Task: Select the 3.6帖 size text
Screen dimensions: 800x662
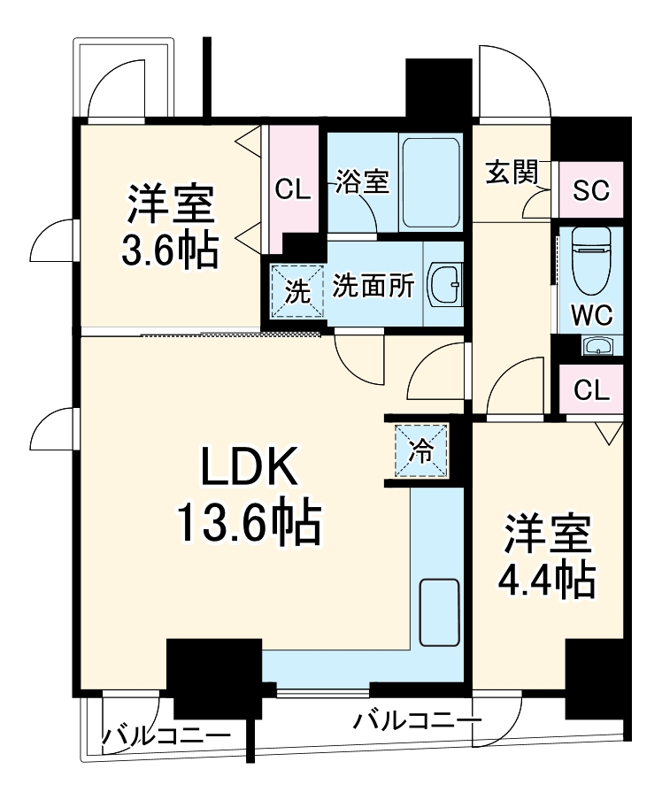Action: (x=170, y=252)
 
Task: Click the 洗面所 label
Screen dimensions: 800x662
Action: (x=373, y=287)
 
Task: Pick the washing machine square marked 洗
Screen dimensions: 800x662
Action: (x=296, y=290)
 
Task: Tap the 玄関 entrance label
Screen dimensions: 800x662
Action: (x=512, y=173)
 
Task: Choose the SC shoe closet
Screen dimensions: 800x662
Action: (x=590, y=190)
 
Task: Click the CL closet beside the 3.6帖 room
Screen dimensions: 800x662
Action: (x=292, y=188)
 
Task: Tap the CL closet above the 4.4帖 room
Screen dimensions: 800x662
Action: (x=590, y=390)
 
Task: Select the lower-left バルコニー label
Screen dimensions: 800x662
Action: (x=165, y=735)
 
